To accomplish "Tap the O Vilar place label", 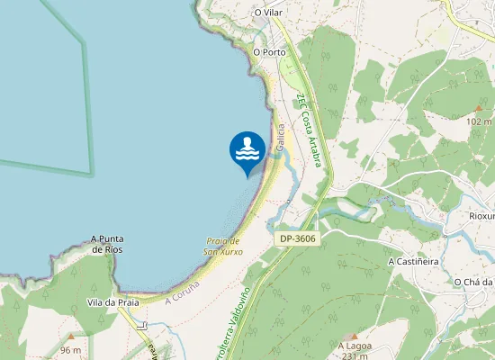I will (x=269, y=13).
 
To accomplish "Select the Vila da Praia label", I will (x=112, y=302).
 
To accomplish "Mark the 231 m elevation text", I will (x=355, y=355).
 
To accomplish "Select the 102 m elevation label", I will (x=480, y=121).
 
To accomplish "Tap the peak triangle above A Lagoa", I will (x=342, y=335).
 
